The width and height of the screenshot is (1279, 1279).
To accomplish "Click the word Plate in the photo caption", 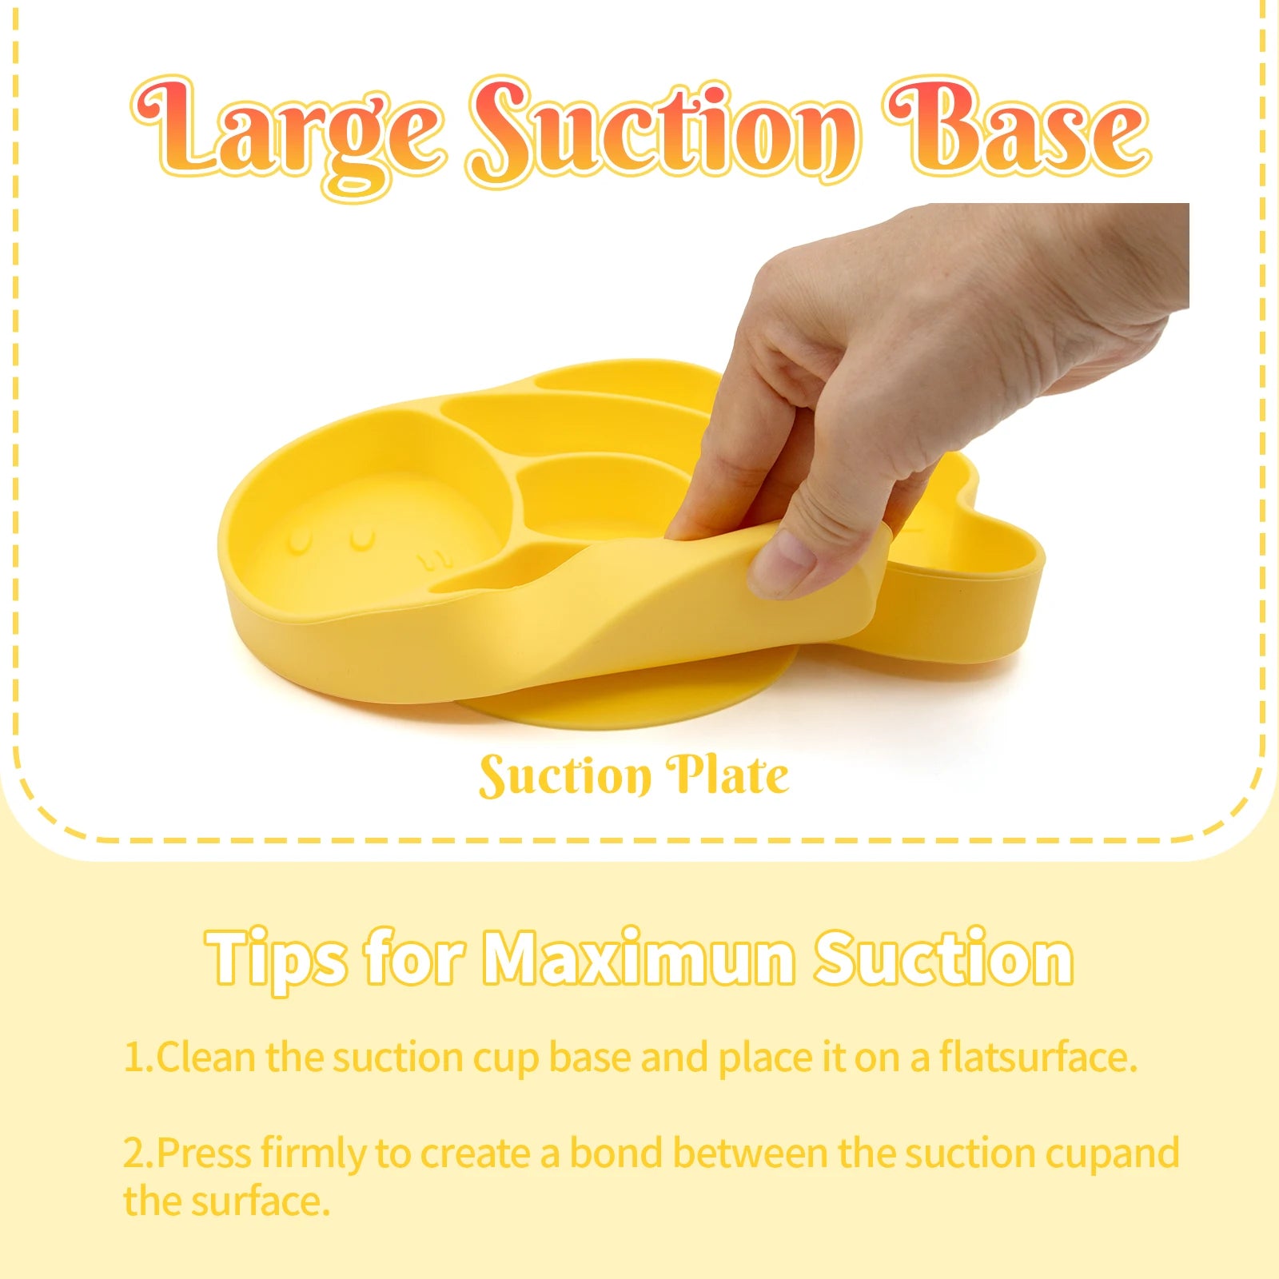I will click(727, 775).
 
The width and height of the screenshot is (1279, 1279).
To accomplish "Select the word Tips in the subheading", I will click(276, 958).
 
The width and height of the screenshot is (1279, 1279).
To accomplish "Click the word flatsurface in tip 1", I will click(1037, 1057).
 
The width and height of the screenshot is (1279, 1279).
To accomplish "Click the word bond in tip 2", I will click(616, 1153).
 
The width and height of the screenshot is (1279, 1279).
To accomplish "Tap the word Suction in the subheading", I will click(943, 958).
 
